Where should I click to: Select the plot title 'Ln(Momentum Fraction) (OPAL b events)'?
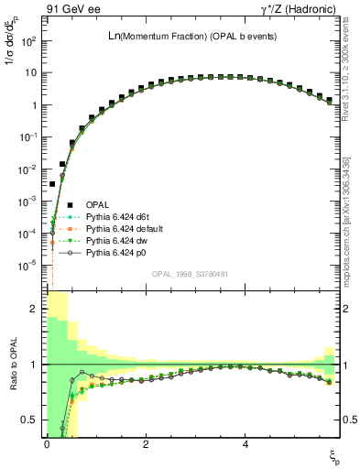[192, 35]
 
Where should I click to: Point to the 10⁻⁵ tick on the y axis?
[30, 266]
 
